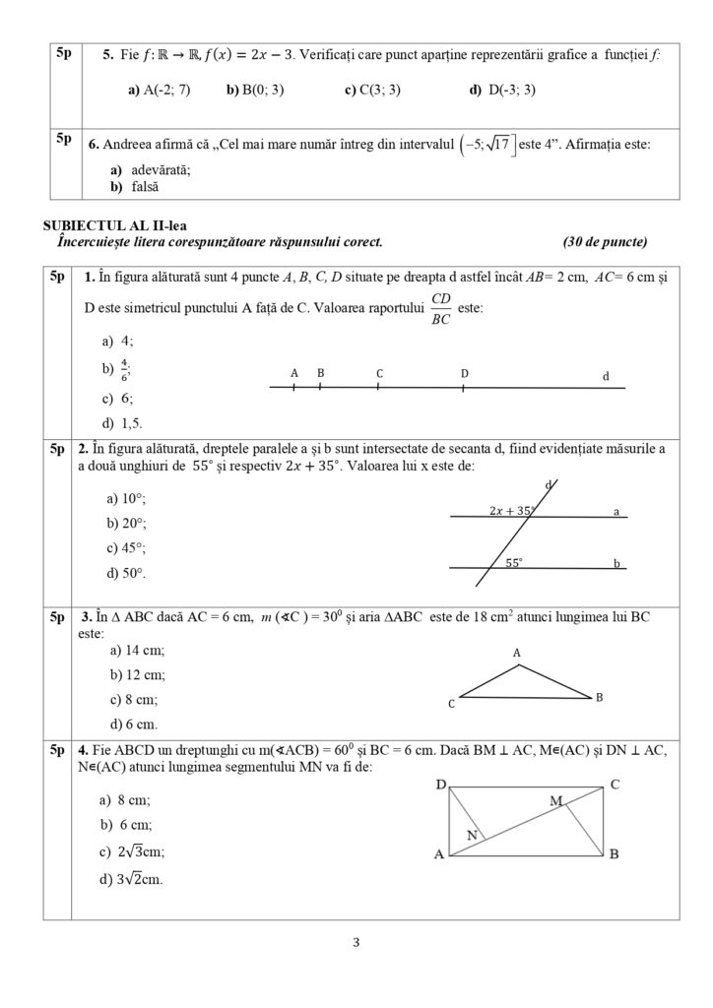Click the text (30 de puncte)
pos(605,241)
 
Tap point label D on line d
pos(464,374)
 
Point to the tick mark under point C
pos(379,388)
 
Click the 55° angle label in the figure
pos(515,563)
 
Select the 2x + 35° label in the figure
pos(511,510)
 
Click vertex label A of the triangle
pos(516,653)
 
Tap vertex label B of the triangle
pos(599,697)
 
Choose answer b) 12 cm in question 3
pos(137,675)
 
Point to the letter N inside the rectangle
pos(472,835)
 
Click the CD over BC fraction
pos(440,308)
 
